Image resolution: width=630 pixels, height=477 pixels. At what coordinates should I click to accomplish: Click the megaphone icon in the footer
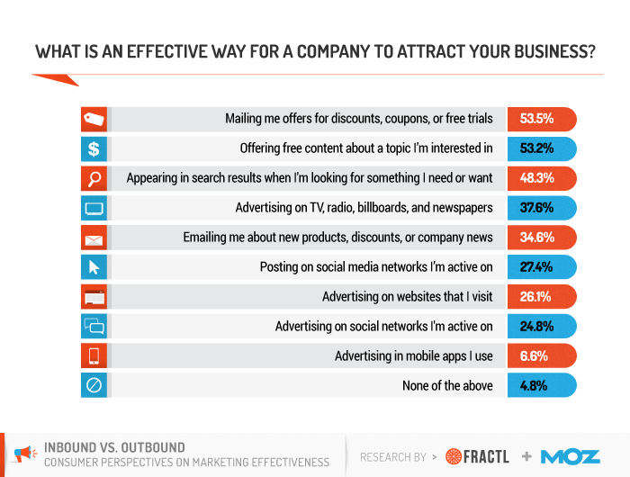tap(27, 454)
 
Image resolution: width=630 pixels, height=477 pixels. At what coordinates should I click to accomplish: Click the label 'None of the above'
tap(447, 386)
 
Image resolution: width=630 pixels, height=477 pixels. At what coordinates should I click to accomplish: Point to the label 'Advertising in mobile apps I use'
tap(414, 356)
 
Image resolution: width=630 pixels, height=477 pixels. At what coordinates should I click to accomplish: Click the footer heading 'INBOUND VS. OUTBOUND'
tap(114, 447)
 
